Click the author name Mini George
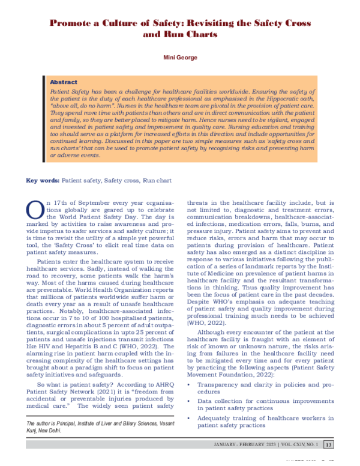[x=180, y=59]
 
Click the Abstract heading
[x=63, y=82]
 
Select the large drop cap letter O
[x=35, y=210]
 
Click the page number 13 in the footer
[x=328, y=444]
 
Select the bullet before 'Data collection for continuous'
[x=190, y=399]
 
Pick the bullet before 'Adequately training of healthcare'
[x=190, y=417]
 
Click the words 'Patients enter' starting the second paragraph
[x=53, y=262]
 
